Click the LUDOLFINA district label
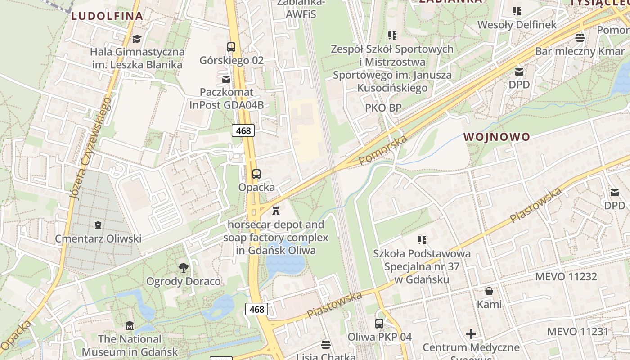[x=107, y=16]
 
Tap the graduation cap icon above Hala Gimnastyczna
[x=137, y=39]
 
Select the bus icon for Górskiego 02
[x=231, y=47]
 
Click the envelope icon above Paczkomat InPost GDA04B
[x=226, y=79]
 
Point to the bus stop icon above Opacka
[x=256, y=174]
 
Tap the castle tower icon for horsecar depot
[x=276, y=210]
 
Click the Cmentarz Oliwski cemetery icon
[x=98, y=225]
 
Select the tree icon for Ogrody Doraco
[x=183, y=268]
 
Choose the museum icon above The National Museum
[x=130, y=325]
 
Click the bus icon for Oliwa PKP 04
[x=379, y=323]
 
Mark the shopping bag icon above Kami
[x=489, y=291]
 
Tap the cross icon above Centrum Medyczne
[x=471, y=334]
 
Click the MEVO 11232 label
[x=566, y=276]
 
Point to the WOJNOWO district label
[x=497, y=137]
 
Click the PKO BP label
[x=383, y=108]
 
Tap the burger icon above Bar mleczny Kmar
[x=580, y=37]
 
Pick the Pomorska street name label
[x=383, y=150]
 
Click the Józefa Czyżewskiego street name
[x=90, y=148]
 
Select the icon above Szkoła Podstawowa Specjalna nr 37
[x=422, y=240]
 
